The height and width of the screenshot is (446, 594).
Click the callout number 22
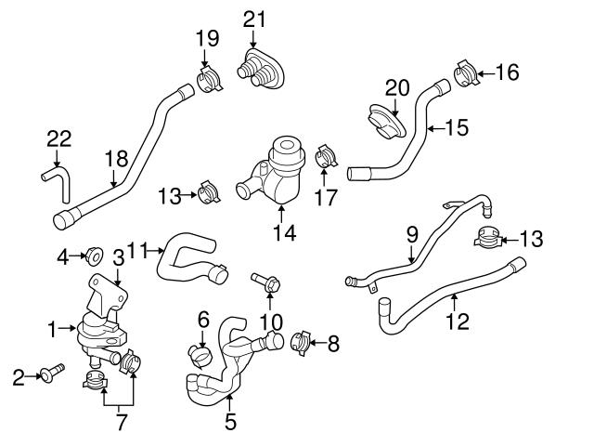58,138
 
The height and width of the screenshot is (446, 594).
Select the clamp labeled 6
198,353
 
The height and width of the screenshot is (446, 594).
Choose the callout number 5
230,422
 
